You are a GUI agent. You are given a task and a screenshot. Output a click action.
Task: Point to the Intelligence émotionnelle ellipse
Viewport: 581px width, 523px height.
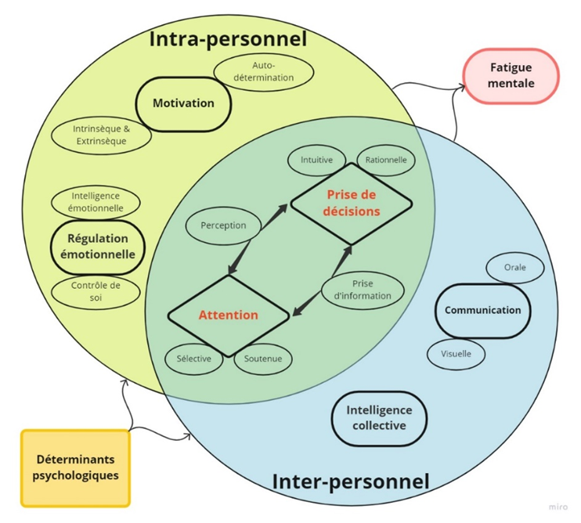(97, 202)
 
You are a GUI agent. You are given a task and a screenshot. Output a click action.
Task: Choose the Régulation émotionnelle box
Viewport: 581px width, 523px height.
(97, 247)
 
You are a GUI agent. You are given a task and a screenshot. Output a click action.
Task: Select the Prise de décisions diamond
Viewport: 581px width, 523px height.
(352, 203)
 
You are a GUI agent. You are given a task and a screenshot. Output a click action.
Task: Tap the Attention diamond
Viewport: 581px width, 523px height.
(228, 316)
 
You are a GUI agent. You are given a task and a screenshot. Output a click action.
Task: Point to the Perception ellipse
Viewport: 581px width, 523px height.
(223, 225)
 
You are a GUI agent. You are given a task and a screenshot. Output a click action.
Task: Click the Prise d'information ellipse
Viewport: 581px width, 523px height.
(363, 290)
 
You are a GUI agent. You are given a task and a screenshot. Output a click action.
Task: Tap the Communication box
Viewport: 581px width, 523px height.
(482, 310)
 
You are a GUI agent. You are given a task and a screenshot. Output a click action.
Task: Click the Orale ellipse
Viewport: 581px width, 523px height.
(514, 267)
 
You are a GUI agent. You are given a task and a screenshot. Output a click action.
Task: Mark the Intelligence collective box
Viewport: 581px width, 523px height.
(378, 418)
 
